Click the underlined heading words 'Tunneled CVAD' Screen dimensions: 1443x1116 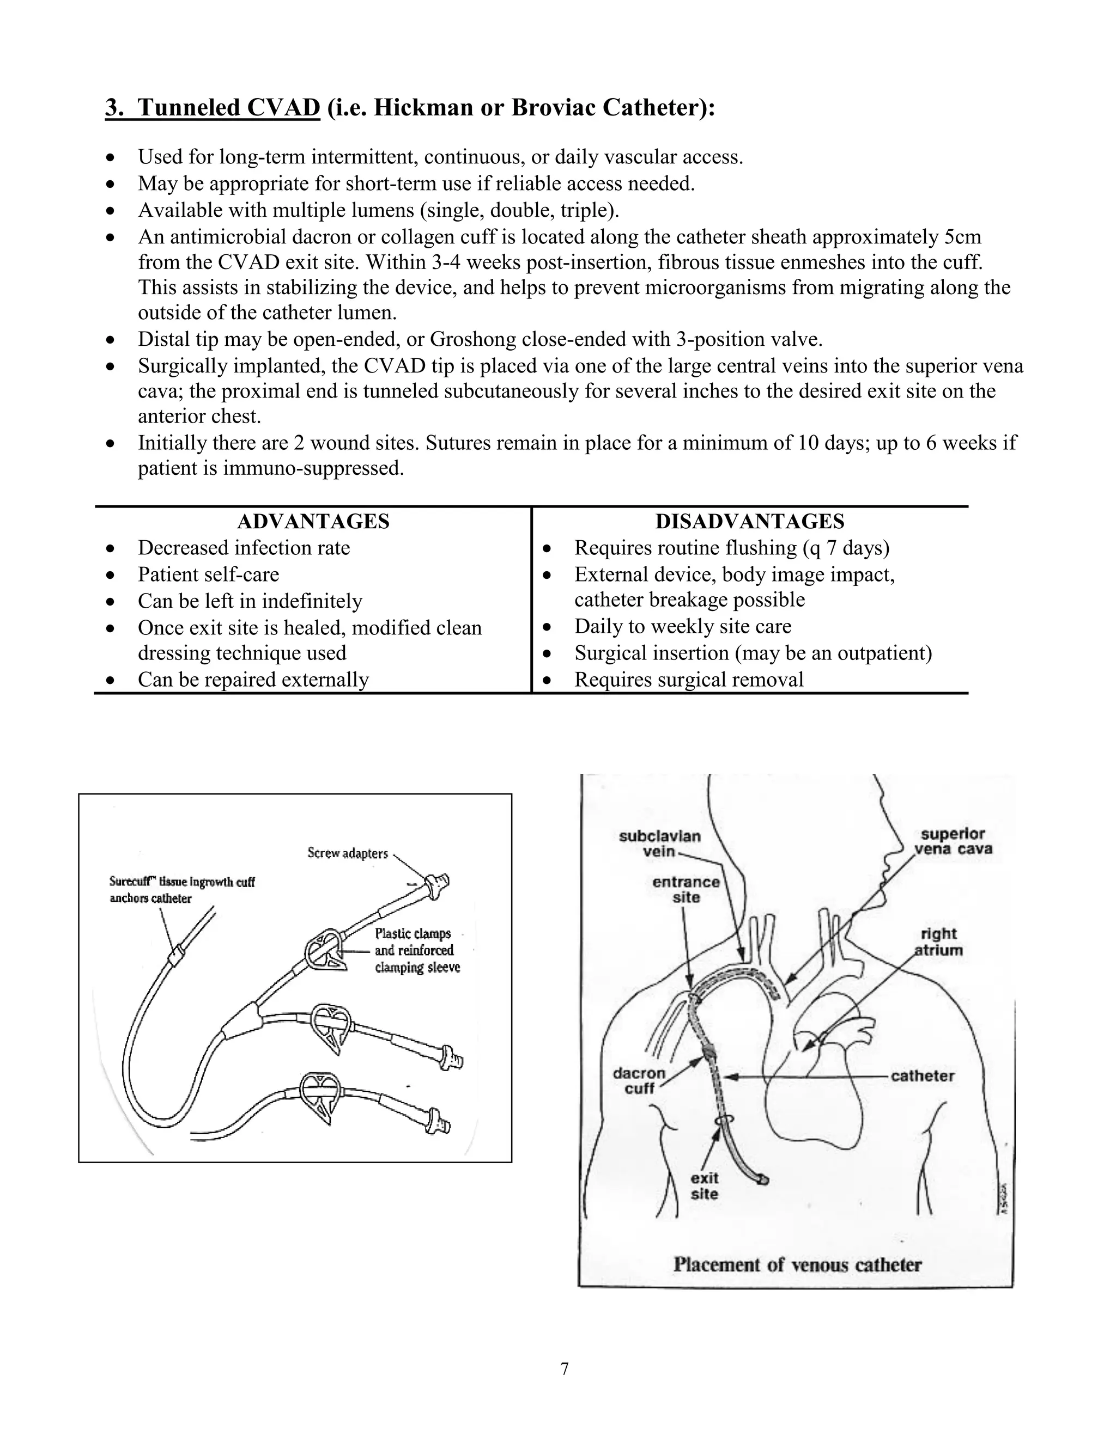(229, 107)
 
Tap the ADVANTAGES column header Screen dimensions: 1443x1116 (313, 521)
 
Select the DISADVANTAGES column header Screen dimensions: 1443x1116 (750, 521)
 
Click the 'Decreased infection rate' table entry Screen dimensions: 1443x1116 (243, 548)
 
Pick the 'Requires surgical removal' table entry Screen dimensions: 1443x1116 (688, 679)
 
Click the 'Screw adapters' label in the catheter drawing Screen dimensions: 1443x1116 (347, 853)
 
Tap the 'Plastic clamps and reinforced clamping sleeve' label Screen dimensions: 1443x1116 (416, 950)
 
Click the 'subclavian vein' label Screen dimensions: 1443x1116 (659, 843)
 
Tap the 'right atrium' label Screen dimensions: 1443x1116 (938, 942)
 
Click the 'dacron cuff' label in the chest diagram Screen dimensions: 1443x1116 (639, 1081)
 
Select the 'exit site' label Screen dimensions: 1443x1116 (704, 1186)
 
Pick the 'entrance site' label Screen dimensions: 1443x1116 (686, 889)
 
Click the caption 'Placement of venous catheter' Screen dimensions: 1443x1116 (797, 1264)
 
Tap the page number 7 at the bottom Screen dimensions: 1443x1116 (564, 1369)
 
